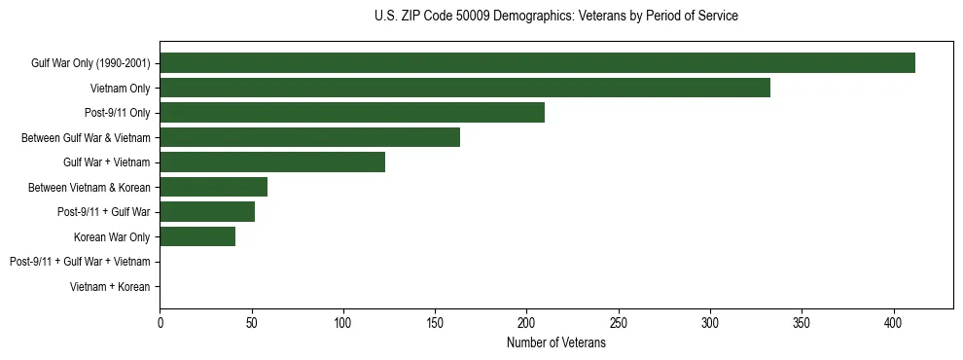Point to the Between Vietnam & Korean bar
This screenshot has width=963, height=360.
tap(213, 187)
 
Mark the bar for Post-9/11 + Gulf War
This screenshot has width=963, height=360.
tap(207, 212)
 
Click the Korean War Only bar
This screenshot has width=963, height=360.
tap(197, 236)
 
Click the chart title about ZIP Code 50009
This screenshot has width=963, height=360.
tap(555, 17)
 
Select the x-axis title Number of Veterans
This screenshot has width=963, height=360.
tap(555, 343)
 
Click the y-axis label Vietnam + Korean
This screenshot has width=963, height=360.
tap(110, 287)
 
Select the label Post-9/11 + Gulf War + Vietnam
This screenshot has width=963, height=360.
tap(80, 262)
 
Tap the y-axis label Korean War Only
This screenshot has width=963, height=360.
tap(112, 236)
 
